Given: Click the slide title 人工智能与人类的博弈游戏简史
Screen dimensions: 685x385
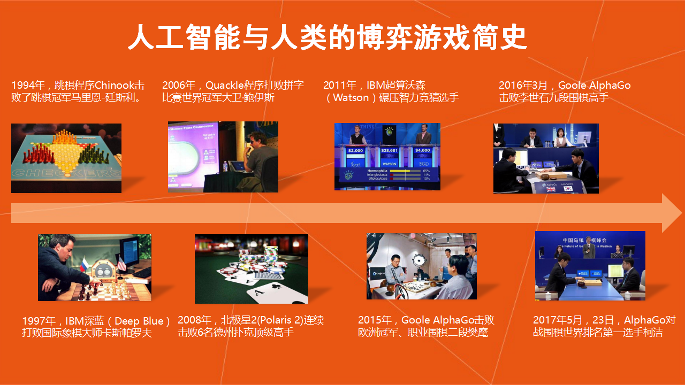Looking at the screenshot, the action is [x=328, y=37].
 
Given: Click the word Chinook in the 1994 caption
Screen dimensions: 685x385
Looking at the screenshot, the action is [x=115, y=85].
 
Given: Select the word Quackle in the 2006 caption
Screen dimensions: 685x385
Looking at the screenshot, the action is [x=224, y=85].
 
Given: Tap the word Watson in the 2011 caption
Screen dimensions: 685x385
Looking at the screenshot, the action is [x=351, y=98].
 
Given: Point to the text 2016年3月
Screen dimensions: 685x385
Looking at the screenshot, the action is [x=523, y=85].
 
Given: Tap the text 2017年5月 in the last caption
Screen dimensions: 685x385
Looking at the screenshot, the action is [x=557, y=320].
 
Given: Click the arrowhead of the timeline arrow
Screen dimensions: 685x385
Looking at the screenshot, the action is [x=671, y=213].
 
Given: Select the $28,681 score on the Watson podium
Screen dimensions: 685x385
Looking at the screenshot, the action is [x=389, y=150].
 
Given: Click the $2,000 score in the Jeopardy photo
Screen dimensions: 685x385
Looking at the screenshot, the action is [x=355, y=150].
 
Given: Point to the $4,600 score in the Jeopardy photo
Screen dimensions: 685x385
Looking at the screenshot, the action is [x=423, y=150].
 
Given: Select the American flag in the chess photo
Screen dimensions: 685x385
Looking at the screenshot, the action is [x=121, y=264].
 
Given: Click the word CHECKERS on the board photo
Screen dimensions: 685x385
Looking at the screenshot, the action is [x=66, y=174].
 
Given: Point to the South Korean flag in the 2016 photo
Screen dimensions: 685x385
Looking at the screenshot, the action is [x=568, y=189].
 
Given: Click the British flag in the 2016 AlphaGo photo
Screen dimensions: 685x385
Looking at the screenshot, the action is [x=551, y=189].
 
